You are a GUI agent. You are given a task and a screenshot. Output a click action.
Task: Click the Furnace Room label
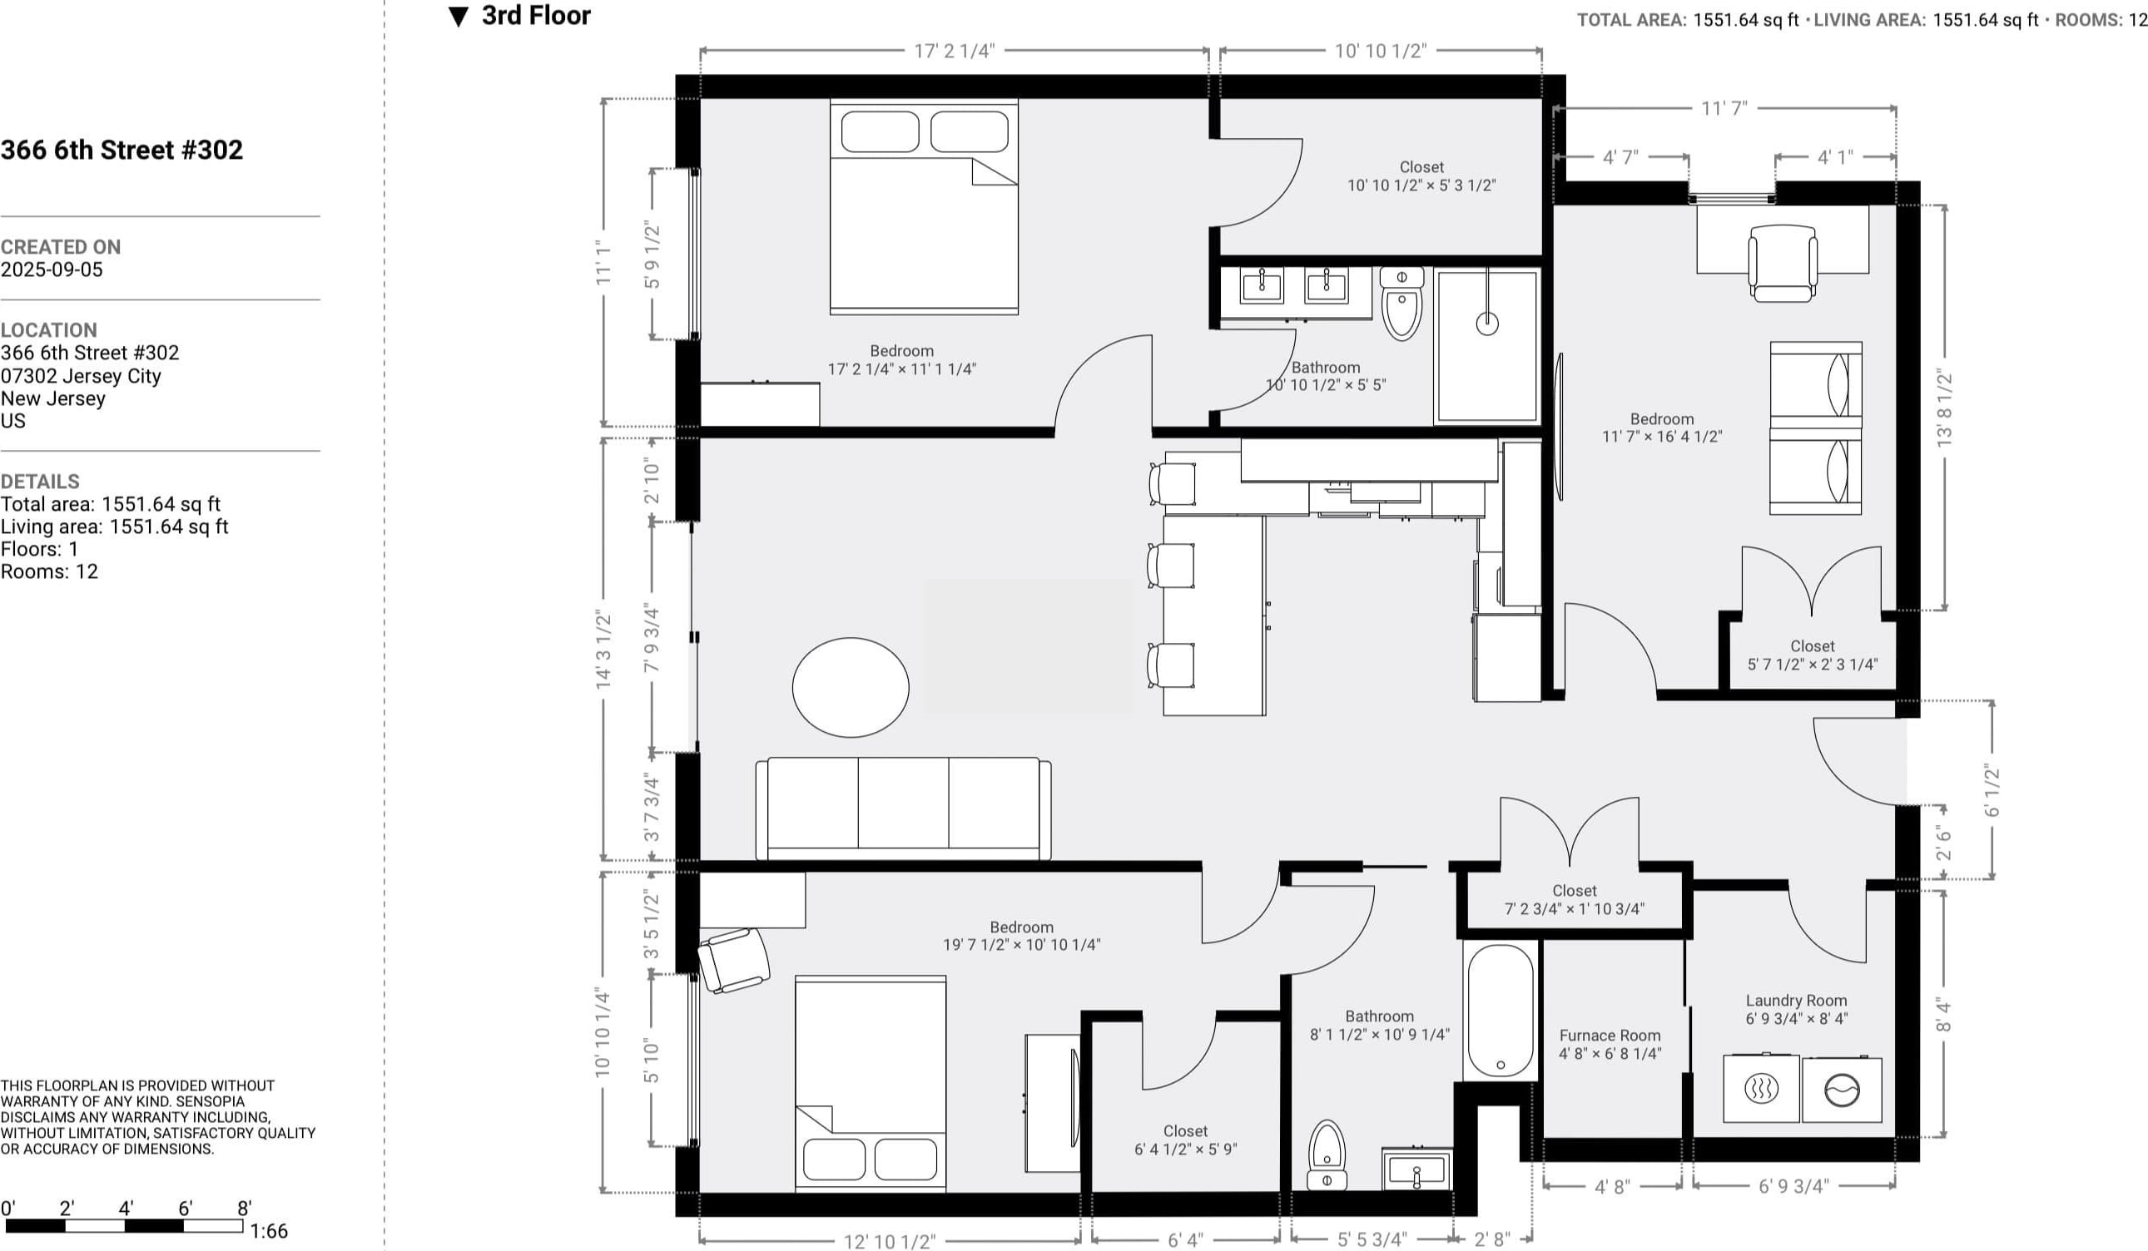[x=1610, y=1036]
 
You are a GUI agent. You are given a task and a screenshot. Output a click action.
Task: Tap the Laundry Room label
[x=1796, y=1001]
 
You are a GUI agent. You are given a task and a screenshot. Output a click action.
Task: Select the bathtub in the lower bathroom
[x=1501, y=1011]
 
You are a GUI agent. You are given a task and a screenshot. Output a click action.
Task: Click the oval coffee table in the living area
[x=850, y=687]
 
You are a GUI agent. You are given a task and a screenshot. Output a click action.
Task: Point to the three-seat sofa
[x=903, y=808]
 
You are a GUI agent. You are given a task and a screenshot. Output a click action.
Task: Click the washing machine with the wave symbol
[x=1841, y=1090]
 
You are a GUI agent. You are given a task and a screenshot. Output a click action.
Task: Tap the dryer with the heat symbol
[x=1761, y=1088]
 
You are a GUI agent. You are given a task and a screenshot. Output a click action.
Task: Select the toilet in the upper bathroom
[x=1401, y=304]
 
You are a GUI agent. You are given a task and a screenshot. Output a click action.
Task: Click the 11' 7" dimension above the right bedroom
[x=1724, y=108]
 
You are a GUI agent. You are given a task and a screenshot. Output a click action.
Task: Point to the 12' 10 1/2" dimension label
[x=889, y=1241]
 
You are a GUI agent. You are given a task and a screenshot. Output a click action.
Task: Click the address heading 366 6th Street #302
[x=122, y=150]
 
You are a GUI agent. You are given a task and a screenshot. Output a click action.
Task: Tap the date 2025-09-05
[x=52, y=269]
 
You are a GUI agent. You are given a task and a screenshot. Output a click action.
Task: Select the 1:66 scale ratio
[x=269, y=1230]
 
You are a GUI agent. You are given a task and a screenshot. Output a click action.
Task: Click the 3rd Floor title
[x=536, y=15]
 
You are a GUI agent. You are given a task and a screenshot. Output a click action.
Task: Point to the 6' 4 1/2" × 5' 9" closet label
[x=1185, y=1149]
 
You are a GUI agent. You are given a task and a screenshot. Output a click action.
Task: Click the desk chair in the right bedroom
[x=1783, y=264]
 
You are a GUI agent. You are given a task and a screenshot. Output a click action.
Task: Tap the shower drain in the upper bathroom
[x=1487, y=323]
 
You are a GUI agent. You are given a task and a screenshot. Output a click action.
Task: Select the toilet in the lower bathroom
[x=1327, y=1155]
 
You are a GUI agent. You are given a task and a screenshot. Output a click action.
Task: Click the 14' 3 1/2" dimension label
[x=603, y=650]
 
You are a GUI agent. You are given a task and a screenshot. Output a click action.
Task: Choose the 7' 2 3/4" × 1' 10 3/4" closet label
[x=1574, y=909]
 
